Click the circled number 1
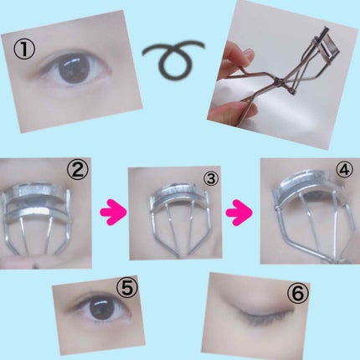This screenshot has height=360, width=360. point(24,49)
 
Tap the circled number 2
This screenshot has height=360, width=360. point(78,169)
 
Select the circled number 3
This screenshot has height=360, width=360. point(211,177)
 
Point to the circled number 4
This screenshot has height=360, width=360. point(344,169)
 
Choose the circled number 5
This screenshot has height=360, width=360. point(127,288)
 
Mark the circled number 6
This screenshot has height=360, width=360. point(298,293)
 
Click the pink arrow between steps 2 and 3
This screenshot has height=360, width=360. point(113,212)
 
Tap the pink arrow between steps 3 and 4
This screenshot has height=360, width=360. point(239,212)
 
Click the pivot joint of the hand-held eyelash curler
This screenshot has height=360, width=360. point(279,81)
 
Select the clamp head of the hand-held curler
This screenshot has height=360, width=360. point(327,44)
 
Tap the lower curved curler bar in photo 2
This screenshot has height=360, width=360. point(36,212)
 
